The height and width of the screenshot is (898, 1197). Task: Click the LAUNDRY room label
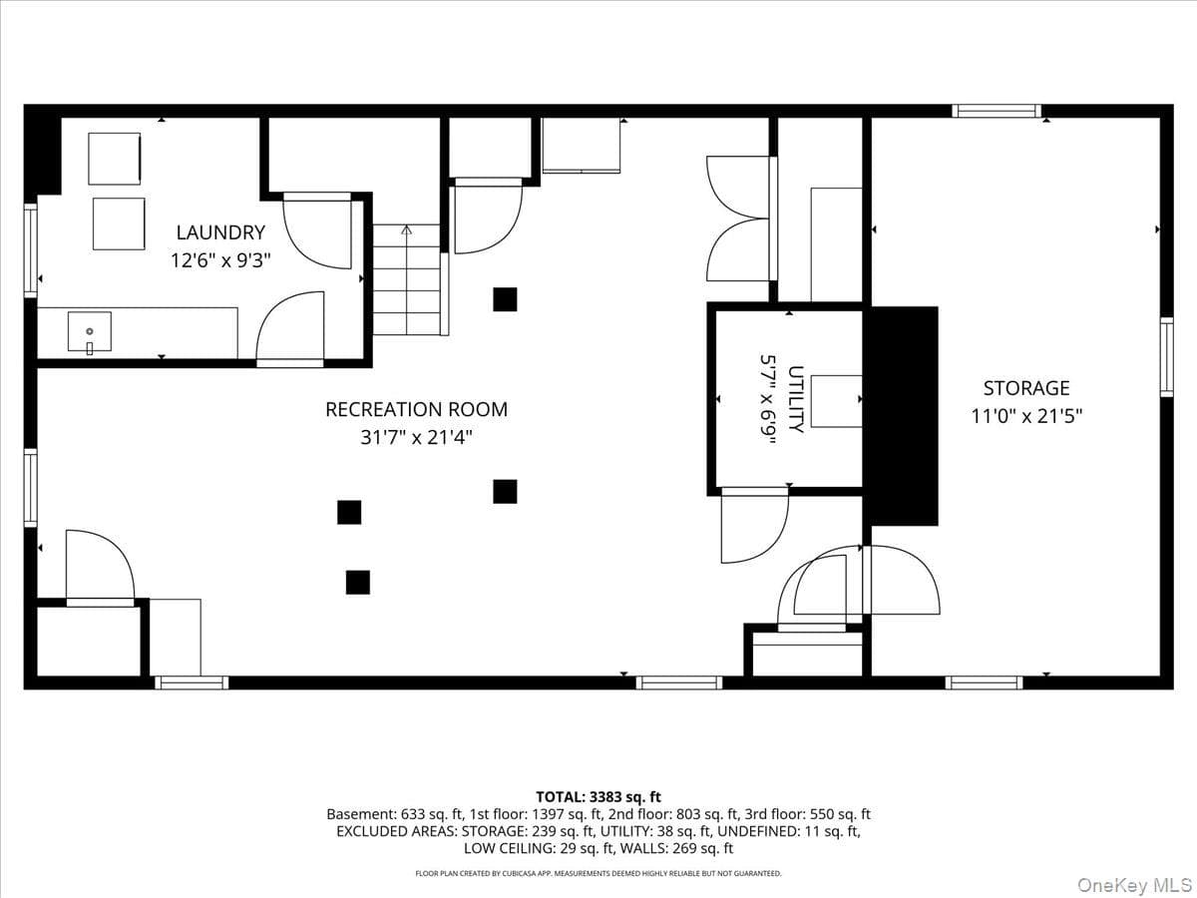[220, 232]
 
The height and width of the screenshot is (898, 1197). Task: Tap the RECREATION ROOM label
[416, 409]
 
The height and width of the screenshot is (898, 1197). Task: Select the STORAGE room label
[1026, 388]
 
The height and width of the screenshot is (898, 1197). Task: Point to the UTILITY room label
[796, 399]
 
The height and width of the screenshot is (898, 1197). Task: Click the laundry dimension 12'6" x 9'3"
[220, 260]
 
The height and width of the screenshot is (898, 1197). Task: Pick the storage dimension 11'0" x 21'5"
[1026, 416]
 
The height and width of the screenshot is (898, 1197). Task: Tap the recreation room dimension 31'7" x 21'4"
[416, 437]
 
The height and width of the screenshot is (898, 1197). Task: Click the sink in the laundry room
[90, 332]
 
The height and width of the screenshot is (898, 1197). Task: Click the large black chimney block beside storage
[904, 416]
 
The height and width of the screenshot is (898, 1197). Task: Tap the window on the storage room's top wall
[997, 111]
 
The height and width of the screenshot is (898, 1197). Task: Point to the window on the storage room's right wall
[1166, 357]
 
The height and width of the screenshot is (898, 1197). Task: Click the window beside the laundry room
[31, 250]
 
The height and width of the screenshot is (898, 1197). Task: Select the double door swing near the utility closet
[737, 219]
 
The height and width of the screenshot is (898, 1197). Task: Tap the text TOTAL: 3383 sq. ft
[598, 797]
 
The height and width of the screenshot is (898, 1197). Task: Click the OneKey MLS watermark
[1135, 884]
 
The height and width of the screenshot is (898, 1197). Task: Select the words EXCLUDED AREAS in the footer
[396, 831]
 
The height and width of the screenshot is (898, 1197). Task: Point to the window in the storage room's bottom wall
[984, 682]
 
